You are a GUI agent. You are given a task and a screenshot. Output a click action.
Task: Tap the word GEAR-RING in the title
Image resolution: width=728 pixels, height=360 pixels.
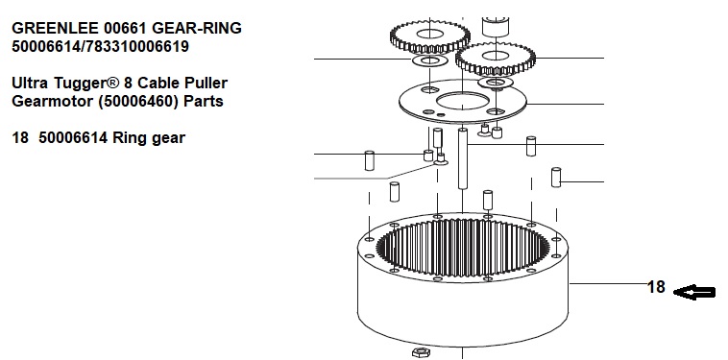197,28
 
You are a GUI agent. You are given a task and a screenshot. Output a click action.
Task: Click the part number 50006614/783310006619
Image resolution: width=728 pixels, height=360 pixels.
100,46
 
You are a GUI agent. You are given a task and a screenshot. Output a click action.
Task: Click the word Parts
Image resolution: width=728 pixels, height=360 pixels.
204,101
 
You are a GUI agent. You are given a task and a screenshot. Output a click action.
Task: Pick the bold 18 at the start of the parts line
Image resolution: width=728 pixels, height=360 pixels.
20,138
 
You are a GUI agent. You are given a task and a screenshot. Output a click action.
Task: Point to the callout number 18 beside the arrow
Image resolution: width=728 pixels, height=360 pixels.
656,287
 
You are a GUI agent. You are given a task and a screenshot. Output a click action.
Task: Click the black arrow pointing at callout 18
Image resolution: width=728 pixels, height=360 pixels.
694,292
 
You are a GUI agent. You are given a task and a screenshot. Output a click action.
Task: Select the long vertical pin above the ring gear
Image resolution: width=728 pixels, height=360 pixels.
462,158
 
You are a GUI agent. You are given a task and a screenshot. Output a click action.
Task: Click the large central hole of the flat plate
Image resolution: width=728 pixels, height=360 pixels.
462,101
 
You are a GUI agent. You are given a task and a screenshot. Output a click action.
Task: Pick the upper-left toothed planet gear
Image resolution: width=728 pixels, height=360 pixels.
430,36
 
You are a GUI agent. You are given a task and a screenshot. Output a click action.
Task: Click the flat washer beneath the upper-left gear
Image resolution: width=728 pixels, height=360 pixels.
430,60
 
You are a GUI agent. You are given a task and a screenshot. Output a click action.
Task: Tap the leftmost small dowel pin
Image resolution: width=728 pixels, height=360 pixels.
369,160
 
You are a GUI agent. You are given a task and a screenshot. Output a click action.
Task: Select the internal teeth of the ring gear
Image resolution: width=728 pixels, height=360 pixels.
462,249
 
